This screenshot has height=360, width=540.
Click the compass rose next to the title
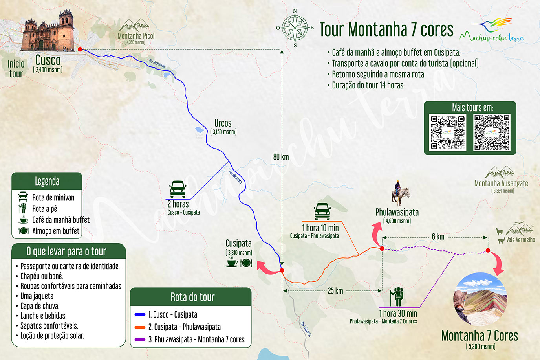(295, 28)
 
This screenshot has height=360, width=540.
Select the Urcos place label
(223, 123)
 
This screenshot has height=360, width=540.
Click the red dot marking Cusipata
(282, 270)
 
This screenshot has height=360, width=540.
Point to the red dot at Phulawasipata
(382, 248)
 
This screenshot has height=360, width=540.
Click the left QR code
(447, 132)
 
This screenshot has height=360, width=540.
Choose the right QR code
(492, 132)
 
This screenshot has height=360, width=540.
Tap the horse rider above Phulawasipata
(400, 193)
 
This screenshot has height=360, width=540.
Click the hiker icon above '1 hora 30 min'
(397, 297)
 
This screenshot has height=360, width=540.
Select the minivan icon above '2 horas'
(178, 189)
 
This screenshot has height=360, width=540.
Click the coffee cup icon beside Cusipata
(232, 262)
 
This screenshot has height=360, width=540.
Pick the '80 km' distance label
(281, 157)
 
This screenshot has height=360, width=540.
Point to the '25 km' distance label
(335, 291)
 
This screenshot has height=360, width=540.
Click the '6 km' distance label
(438, 237)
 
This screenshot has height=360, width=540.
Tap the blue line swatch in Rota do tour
(140, 315)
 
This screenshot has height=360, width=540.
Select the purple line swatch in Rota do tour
(140, 340)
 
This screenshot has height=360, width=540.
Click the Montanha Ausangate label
(501, 183)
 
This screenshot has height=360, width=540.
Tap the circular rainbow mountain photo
(480, 299)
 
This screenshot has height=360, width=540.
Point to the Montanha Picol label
(136, 36)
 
